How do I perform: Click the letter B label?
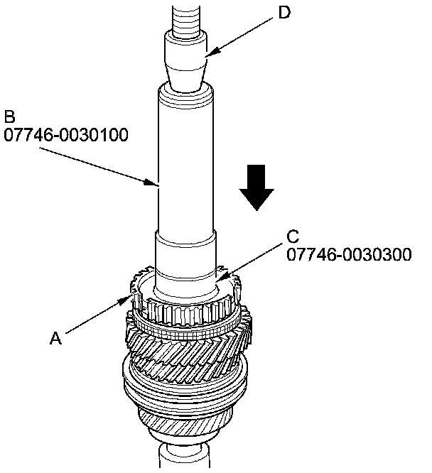point(10,116)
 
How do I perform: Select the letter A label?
point(55,339)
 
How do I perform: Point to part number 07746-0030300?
point(348,254)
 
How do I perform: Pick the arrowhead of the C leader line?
point(220,278)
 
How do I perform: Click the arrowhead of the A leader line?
point(129,298)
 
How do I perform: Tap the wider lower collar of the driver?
point(185,259)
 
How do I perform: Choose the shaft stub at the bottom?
point(184,458)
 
